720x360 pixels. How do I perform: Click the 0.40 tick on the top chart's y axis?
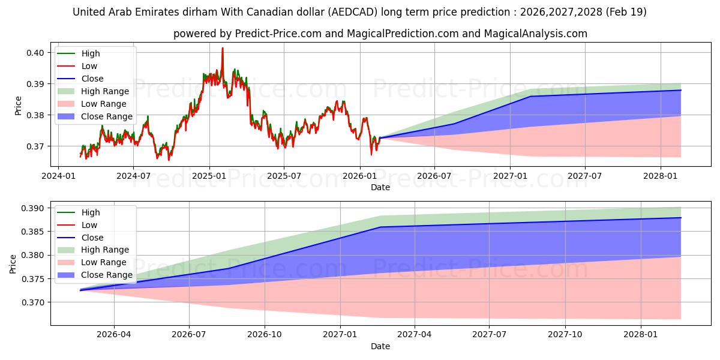coord(35,53)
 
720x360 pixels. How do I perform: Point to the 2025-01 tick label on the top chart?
coord(209,176)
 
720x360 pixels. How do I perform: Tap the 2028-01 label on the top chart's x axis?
coord(661,176)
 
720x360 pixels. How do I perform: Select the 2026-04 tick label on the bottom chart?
coord(114,335)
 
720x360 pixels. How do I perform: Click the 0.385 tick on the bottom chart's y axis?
coord(32,232)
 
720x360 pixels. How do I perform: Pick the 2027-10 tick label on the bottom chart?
coord(565,335)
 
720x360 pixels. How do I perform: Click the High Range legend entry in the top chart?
coord(94,91)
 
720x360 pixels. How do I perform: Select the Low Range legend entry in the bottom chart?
coord(92,262)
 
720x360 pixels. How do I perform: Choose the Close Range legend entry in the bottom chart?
coord(95,275)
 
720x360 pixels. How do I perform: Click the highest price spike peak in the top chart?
coord(223,48)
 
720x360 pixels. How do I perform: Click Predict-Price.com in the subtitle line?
coord(278,34)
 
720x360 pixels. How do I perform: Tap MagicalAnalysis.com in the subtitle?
coord(535,34)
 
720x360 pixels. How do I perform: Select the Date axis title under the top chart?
coord(380,187)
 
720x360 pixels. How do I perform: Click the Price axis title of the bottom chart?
coord(13,264)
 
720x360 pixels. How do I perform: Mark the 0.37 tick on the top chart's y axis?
coord(35,146)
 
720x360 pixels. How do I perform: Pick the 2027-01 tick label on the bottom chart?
coord(340,335)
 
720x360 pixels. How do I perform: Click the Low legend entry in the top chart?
coord(77,66)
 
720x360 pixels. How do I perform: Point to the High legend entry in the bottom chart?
coord(79,212)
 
